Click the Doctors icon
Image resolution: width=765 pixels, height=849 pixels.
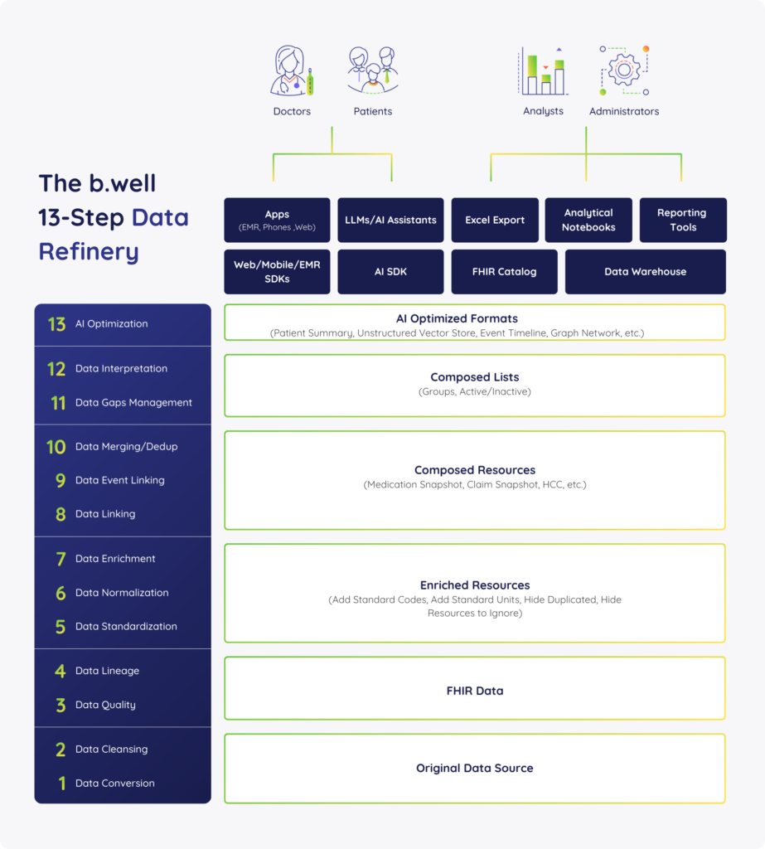click(292, 70)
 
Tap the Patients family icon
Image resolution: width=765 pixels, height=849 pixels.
click(372, 70)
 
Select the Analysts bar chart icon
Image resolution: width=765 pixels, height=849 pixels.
click(543, 70)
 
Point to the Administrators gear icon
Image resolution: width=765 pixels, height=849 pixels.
click(624, 70)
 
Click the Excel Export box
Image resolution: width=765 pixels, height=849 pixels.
click(495, 220)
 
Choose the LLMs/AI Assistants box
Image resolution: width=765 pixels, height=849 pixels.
click(390, 220)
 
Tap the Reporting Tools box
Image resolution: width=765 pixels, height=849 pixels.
click(683, 220)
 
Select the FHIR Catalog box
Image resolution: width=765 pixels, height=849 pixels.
click(504, 272)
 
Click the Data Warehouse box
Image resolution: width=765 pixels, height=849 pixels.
click(646, 272)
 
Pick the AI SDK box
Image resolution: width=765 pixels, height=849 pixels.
click(390, 272)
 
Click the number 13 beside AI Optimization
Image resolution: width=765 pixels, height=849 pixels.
click(56, 324)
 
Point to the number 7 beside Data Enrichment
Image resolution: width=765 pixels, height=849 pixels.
click(61, 559)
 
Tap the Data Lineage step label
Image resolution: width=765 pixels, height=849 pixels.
click(107, 671)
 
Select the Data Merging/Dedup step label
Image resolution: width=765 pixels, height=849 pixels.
click(126, 447)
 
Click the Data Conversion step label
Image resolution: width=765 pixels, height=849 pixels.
click(114, 783)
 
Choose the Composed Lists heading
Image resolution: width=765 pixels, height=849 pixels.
click(475, 377)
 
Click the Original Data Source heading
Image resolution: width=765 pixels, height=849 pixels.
click(475, 768)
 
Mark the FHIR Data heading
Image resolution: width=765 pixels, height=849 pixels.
click(475, 691)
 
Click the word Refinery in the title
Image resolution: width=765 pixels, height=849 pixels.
click(89, 252)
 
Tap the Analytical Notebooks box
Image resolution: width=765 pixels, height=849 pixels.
click(588, 220)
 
